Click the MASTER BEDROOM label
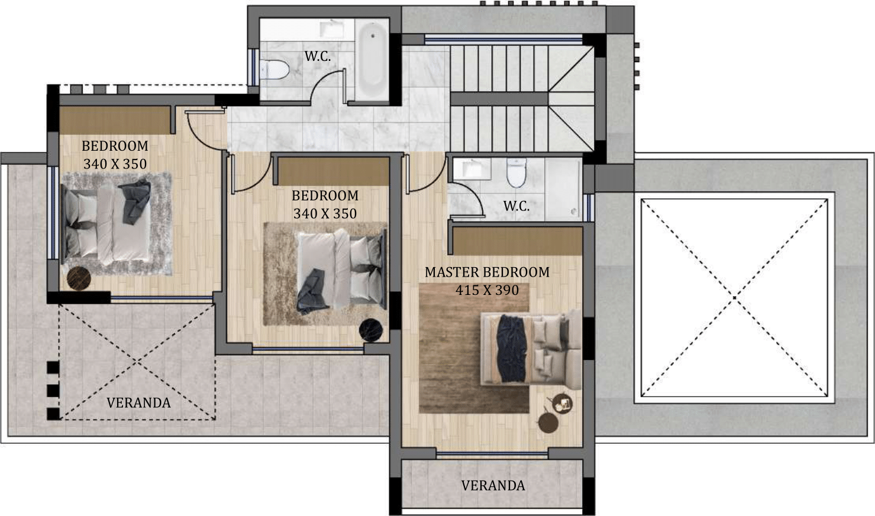pyautogui.click(x=487, y=272)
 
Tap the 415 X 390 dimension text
pyautogui.click(x=487, y=290)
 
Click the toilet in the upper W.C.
pyautogui.click(x=275, y=70)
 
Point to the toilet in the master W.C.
pyautogui.click(x=516, y=173)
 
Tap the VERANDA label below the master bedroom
pyautogui.click(x=493, y=485)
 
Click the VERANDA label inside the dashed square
pyautogui.click(x=138, y=403)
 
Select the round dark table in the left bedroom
pyautogui.click(x=79, y=278)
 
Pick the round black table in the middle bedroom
pyautogui.click(x=371, y=330)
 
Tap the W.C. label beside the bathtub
pyautogui.click(x=318, y=56)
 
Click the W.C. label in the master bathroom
pyautogui.click(x=516, y=206)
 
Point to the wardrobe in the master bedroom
pyautogui.click(x=518, y=241)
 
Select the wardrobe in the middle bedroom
pyautogui.click(x=334, y=171)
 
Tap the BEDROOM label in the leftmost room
pyautogui.click(x=115, y=146)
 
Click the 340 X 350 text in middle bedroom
pyautogui.click(x=325, y=213)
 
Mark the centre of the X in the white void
pyautogui.click(x=734, y=298)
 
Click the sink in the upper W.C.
pyautogui.click(x=331, y=29)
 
